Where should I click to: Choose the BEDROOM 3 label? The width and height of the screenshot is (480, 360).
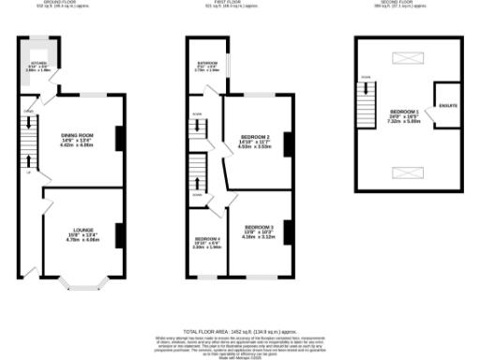[x=259, y=228]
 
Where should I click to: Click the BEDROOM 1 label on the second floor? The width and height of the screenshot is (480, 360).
[x=406, y=112]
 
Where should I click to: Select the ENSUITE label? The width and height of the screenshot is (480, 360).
[x=448, y=104]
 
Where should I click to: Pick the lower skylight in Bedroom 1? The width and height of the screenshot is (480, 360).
[x=410, y=172]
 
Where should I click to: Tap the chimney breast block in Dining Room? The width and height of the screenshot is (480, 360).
[x=118, y=139]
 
